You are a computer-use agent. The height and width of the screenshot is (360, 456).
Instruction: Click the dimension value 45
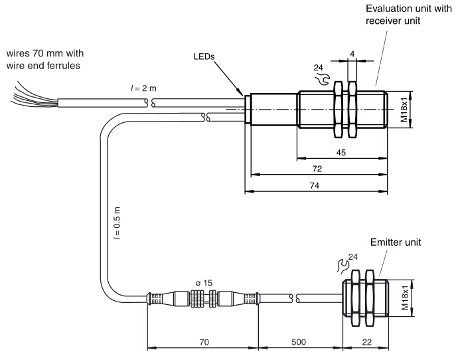pos(341,152)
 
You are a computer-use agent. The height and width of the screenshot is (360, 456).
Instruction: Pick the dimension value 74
pos(315,186)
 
